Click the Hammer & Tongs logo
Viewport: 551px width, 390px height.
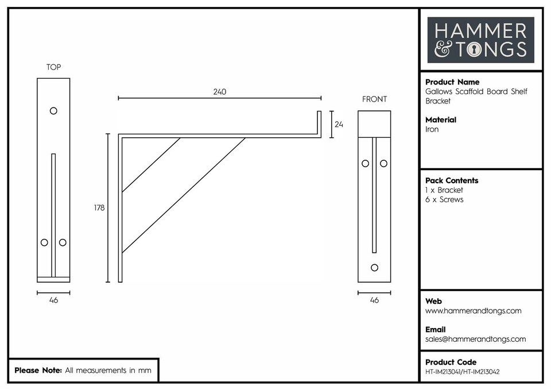[480, 40]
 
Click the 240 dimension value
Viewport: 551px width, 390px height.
[220, 92]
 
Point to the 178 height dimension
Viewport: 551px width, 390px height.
[99, 208]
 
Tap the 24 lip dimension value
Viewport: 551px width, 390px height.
[339, 124]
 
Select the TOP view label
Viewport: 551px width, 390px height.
[53, 67]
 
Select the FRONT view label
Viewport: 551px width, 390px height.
[374, 99]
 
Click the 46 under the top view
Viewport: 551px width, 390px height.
[53, 300]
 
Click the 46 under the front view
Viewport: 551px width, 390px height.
[374, 300]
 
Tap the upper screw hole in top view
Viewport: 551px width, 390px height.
[53, 110]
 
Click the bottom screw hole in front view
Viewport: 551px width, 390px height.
[375, 267]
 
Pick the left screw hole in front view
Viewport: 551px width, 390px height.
[365, 163]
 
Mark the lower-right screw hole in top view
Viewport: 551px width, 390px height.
[63, 242]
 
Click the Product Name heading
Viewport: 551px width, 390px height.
[452, 82]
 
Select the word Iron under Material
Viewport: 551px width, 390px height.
[432, 130]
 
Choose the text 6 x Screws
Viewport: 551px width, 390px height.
[444, 200]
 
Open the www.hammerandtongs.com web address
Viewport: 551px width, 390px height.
[473, 311]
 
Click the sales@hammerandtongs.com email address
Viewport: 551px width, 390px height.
[475, 339]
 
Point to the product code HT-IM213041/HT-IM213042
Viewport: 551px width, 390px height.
[462, 372]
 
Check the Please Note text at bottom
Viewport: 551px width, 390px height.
[83, 370]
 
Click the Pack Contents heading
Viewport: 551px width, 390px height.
[452, 180]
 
